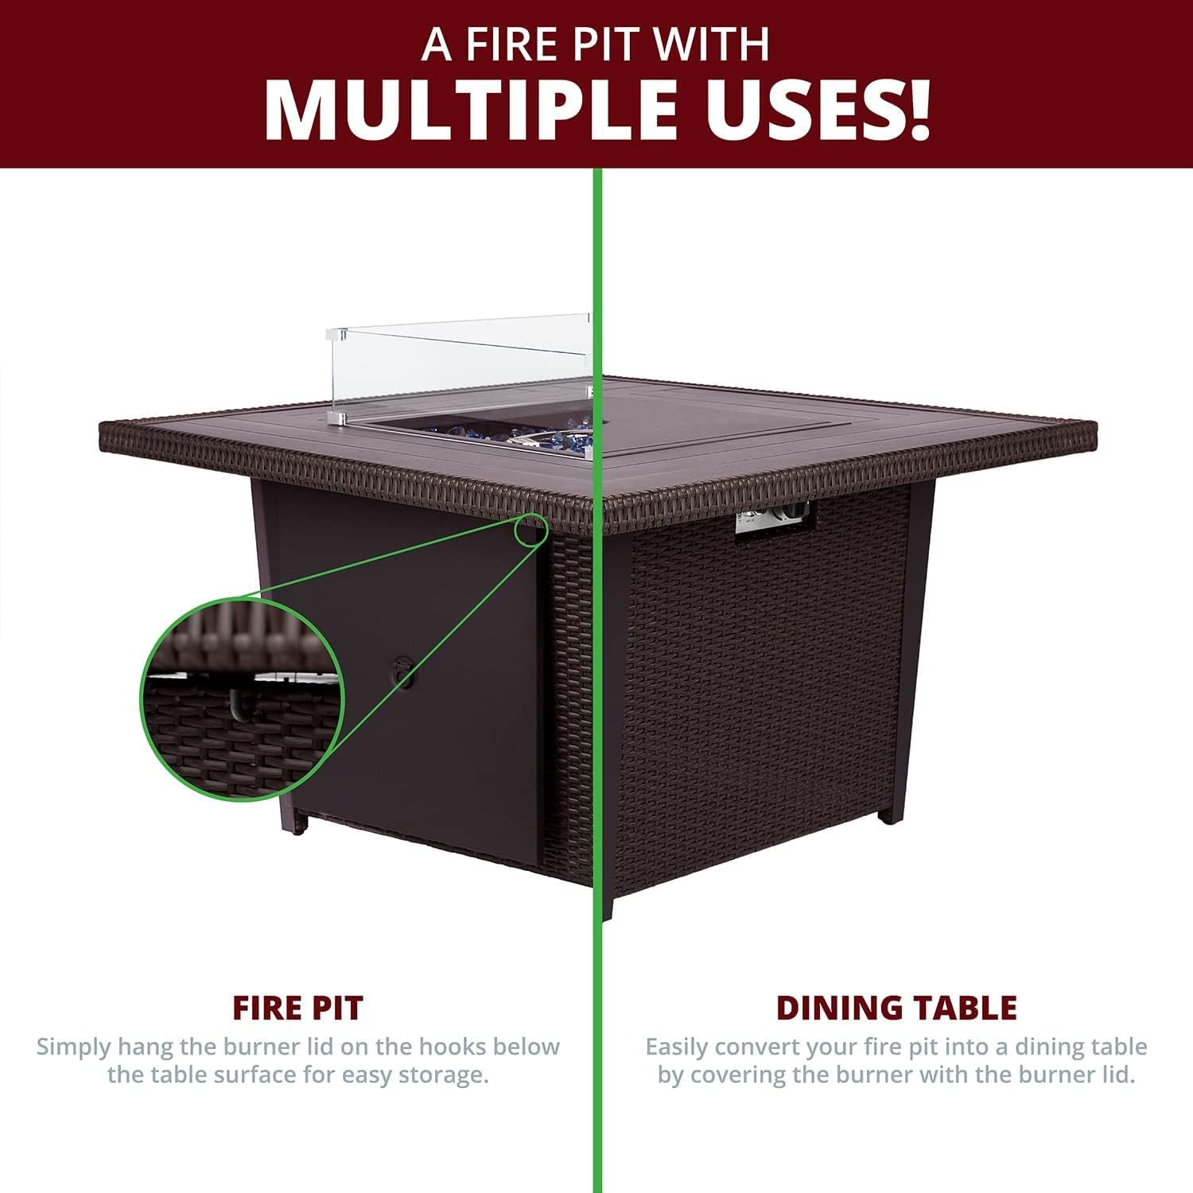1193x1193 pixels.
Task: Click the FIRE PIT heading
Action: (x=297, y=1008)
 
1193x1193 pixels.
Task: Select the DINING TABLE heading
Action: (x=896, y=1008)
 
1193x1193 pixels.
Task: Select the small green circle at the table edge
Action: (x=530, y=530)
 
